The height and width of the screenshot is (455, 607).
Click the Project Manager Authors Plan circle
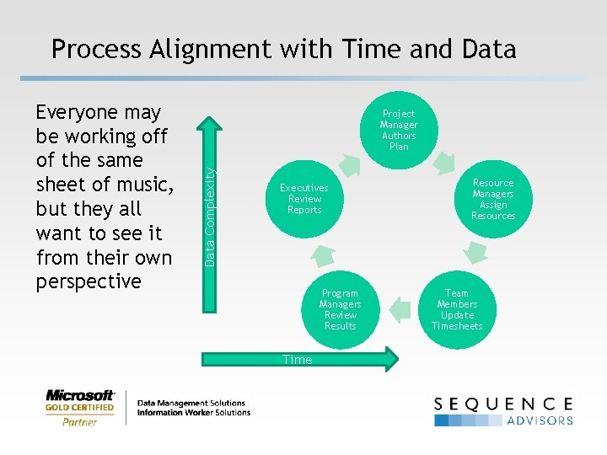(x=399, y=129)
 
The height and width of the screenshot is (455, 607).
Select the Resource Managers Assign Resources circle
(x=493, y=199)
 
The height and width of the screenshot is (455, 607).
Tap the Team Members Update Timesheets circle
(x=457, y=309)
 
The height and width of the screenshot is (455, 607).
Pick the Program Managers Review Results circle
(x=340, y=309)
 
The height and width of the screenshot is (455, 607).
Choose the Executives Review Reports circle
(x=304, y=199)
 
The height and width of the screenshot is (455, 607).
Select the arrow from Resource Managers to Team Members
(x=476, y=251)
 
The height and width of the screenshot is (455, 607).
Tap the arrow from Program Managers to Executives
(x=321, y=254)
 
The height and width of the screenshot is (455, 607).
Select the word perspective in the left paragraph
(x=89, y=281)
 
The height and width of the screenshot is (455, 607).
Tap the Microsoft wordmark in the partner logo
(x=80, y=395)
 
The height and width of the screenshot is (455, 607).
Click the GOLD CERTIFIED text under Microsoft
(x=80, y=409)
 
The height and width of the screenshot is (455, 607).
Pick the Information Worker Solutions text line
(x=193, y=413)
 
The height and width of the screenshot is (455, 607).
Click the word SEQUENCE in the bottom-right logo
(x=503, y=404)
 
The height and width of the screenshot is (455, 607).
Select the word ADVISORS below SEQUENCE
(x=540, y=420)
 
